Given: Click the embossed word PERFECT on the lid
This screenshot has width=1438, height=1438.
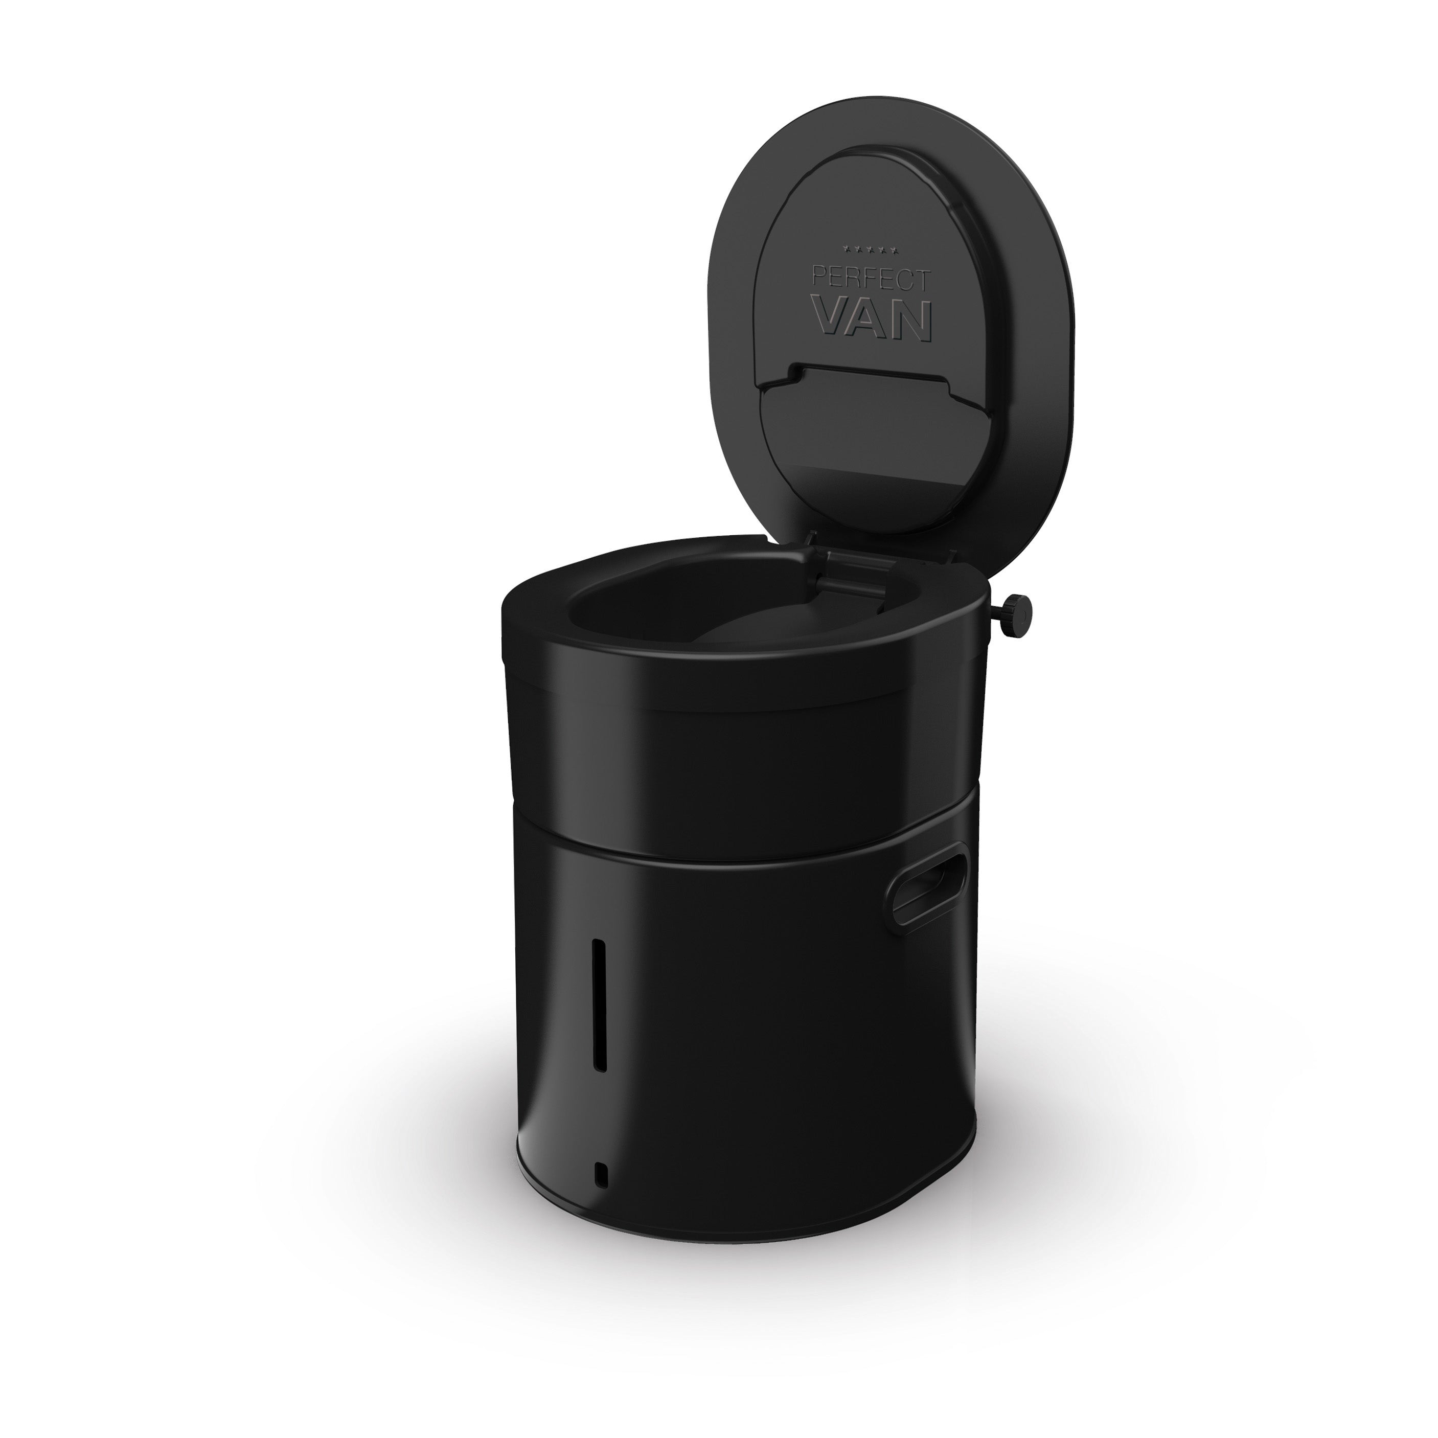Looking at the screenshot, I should point(872,280).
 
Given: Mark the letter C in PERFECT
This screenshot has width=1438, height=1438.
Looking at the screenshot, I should point(906,281).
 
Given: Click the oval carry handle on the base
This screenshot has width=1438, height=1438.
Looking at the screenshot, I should point(927,883).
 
